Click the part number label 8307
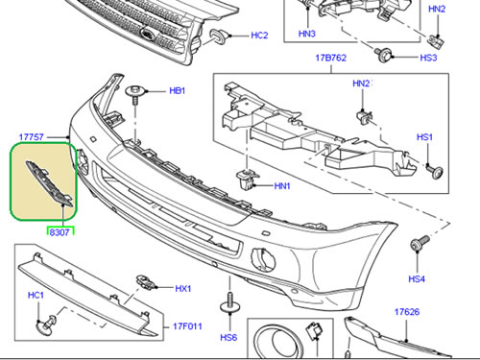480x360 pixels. tap(60, 232)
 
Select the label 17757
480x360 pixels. tap(31, 137)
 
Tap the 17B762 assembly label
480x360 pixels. tap(330, 58)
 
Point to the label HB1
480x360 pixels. tap(178, 90)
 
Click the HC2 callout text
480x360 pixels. tap(259, 36)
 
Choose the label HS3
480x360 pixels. tap(428, 58)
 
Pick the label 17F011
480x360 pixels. tap(187, 326)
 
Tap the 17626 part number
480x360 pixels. tap(407, 312)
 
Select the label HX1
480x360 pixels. tap(183, 288)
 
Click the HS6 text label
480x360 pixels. tap(228, 337)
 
